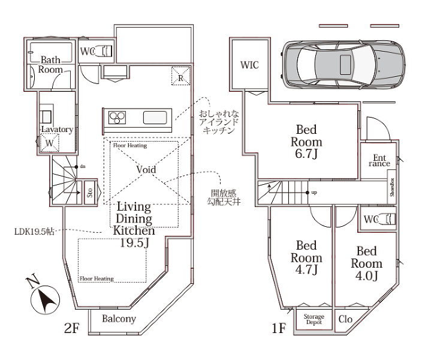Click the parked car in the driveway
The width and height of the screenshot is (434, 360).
[343, 65]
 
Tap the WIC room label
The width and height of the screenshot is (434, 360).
[249, 65]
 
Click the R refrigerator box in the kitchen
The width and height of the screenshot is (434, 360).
[181, 76]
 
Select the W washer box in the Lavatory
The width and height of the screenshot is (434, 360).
[50, 143]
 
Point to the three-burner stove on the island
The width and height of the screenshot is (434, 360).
[117, 118]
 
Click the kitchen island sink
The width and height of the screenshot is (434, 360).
[155, 118]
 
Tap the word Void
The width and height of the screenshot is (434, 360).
[146, 169]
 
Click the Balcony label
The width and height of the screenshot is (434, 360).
[119, 319]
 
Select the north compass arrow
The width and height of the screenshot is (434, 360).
[45, 300]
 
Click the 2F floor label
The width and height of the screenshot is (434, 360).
[72, 328]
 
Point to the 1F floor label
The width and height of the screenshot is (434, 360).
[279, 328]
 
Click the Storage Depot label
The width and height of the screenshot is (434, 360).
[314, 319]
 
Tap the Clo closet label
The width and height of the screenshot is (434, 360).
[345, 319]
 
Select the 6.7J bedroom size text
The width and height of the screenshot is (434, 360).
[306, 154]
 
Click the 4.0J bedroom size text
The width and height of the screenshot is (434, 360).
[366, 276]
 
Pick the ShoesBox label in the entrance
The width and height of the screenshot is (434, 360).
[392, 187]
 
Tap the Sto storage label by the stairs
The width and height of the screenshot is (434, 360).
[90, 193]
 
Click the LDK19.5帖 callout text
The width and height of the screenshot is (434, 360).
[34, 232]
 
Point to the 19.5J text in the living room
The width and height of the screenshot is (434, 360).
[134, 243]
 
